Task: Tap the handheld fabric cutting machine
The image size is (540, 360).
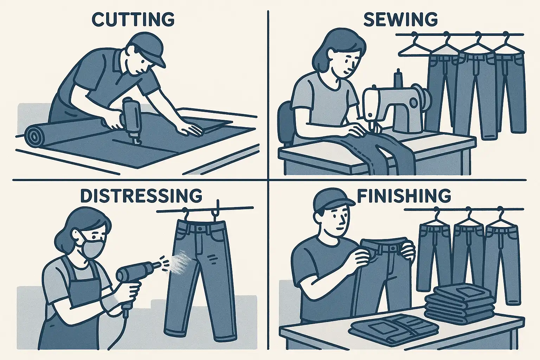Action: (131, 121)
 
